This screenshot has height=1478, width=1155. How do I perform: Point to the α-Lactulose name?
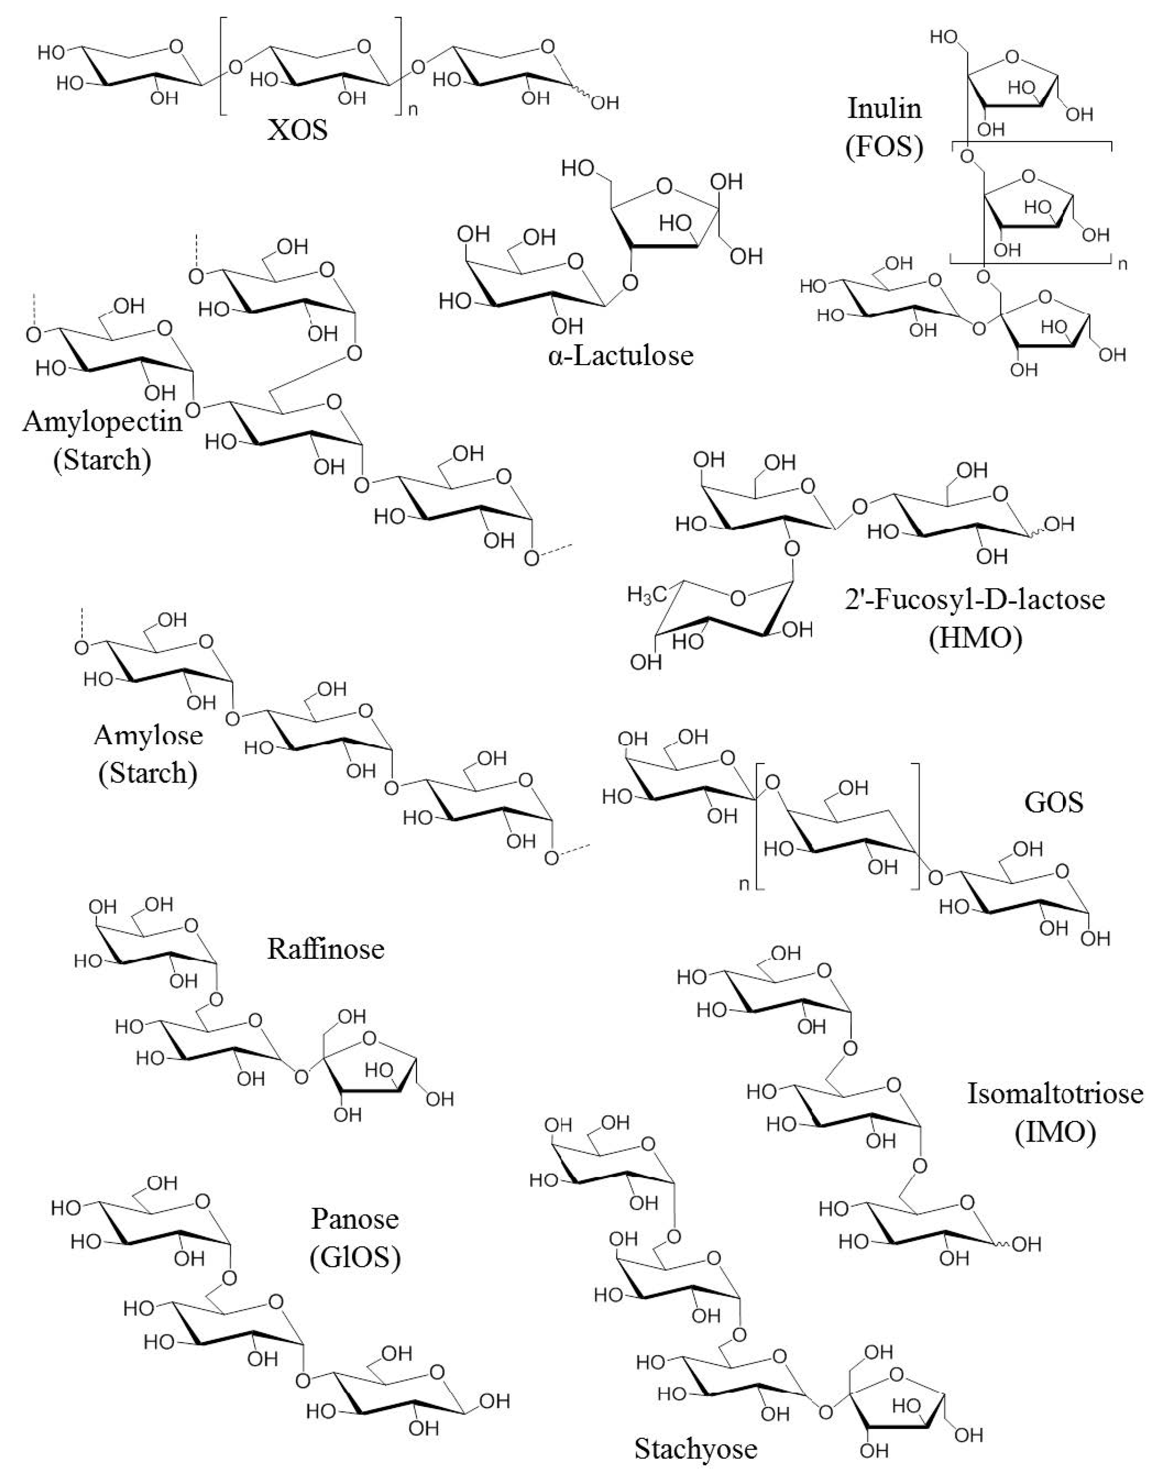click(x=621, y=355)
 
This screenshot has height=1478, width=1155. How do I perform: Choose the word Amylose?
click(x=149, y=735)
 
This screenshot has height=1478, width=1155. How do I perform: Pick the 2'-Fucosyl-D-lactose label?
click(x=975, y=599)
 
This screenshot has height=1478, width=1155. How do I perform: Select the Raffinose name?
click(x=326, y=949)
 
